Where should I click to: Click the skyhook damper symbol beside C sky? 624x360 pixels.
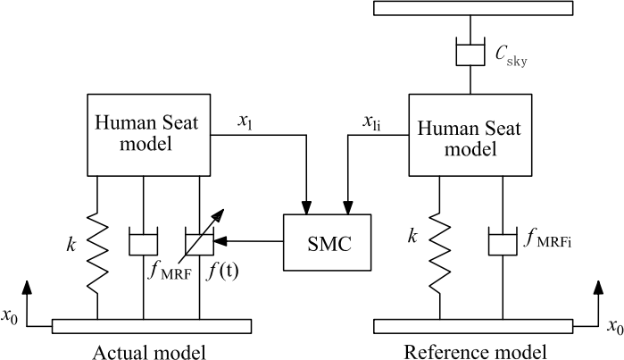470,52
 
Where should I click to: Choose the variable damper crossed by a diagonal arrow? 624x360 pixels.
197,242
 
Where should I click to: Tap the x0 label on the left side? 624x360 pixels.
12,317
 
